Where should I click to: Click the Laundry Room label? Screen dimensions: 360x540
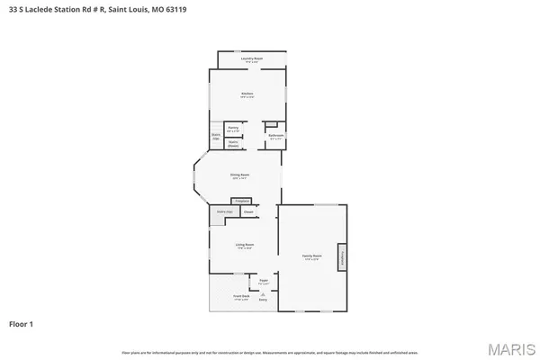tap(252, 58)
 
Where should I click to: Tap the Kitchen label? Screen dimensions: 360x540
tap(247, 94)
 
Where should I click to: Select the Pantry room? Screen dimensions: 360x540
tap(233, 130)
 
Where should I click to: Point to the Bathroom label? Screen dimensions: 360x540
tap(275, 138)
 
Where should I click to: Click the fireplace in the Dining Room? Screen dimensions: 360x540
tap(241, 201)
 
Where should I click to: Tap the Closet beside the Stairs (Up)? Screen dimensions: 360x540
tap(247, 212)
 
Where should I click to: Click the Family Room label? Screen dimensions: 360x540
tap(311, 256)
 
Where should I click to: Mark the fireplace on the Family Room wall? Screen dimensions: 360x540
tap(342, 256)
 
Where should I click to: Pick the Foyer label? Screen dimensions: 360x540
tap(265, 282)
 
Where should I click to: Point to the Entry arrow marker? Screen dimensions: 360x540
tap(264, 299)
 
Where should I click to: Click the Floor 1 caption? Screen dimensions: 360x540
tap(21, 323)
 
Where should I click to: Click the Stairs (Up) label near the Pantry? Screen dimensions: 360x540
tap(216, 137)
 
